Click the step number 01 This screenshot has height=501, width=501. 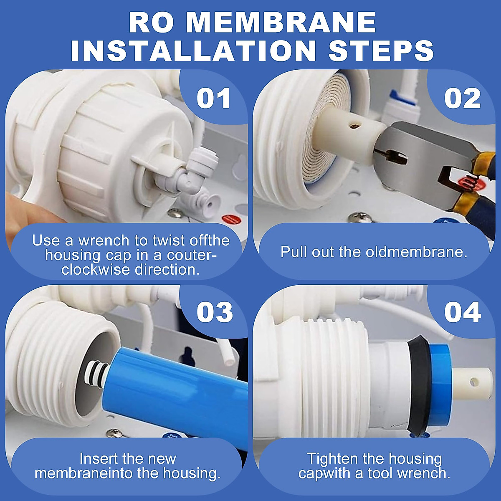tap(213, 99)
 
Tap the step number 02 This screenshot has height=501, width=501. tap(462, 99)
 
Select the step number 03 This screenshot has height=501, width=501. tap(215, 312)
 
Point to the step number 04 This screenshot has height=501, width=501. tap(462, 312)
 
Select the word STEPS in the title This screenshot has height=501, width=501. tap(381, 51)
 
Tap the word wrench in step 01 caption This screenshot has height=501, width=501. tap(104, 241)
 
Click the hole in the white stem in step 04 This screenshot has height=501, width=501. tap(473, 381)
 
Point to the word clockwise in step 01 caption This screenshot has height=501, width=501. tap(96, 270)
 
